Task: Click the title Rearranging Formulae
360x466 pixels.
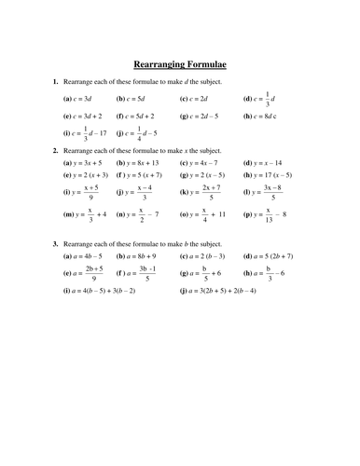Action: click(180, 63)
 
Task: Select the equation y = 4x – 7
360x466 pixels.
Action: click(207, 161)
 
